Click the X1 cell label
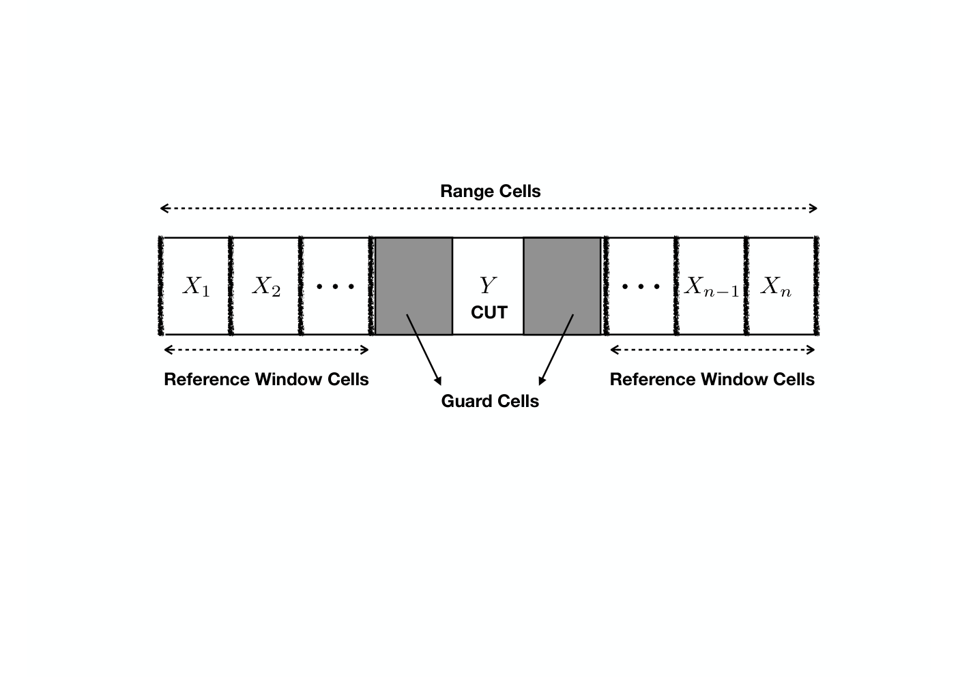tap(197, 286)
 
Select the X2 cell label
tap(266, 286)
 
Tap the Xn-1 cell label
tap(711, 286)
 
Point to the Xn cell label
tap(775, 286)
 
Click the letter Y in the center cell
tap(488, 285)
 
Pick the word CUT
tap(489, 312)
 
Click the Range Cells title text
tap(490, 191)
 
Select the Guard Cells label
tap(490, 401)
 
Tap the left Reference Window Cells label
tap(266, 379)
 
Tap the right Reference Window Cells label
tap(712, 379)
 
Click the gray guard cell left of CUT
tap(413, 286)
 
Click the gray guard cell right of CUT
tap(562, 286)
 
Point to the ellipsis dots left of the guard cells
tap(335, 286)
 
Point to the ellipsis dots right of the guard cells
tap(641, 286)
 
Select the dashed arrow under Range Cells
tap(489, 209)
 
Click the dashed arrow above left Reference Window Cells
tap(266, 350)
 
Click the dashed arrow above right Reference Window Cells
tap(712, 350)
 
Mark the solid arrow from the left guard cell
tap(424, 350)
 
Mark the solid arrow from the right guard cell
tap(556, 350)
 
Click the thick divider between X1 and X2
tap(231, 286)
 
